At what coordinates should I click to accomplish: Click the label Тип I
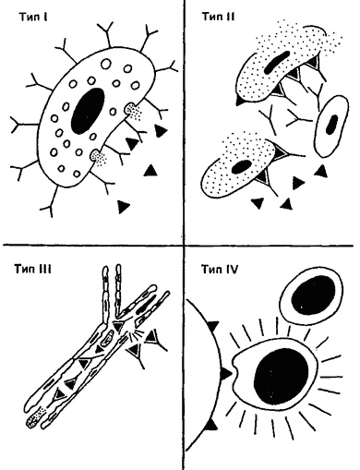[33, 17]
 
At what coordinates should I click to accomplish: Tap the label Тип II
[218, 17]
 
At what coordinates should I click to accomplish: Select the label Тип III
[32, 269]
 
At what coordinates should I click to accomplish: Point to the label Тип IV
[220, 270]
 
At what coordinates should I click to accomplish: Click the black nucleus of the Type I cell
[88, 111]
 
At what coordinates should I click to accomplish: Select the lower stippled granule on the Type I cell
[98, 157]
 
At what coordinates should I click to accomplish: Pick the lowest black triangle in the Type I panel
[124, 207]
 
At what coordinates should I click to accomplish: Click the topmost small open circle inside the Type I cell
[106, 64]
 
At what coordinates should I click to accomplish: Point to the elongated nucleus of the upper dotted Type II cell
[277, 63]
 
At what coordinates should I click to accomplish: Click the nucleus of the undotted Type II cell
[331, 125]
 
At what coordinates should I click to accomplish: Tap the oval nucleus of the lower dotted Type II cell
[241, 167]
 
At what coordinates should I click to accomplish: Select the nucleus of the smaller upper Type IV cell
[313, 295]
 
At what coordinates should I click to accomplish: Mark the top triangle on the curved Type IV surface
[213, 326]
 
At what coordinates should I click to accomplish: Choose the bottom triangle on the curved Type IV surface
[211, 425]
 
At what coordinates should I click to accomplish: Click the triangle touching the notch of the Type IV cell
[226, 374]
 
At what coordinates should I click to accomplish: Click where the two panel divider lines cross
[185, 246]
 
